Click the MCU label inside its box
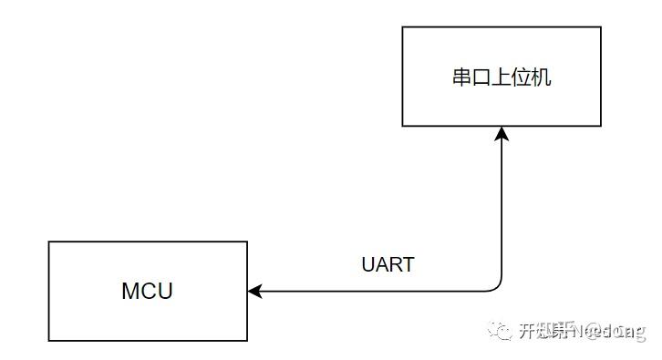(147, 292)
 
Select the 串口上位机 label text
(502, 77)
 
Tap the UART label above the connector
(388, 265)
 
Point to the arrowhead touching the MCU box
(255, 292)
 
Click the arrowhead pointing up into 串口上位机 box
(502, 134)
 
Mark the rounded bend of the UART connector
(497, 287)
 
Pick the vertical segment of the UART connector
(502, 210)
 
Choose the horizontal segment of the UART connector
(374, 292)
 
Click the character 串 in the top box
(461, 77)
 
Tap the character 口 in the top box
(481, 77)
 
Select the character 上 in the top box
(502, 77)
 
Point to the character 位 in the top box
(522, 77)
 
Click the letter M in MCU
(130, 292)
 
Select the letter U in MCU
(164, 292)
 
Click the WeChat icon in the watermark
(501, 330)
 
